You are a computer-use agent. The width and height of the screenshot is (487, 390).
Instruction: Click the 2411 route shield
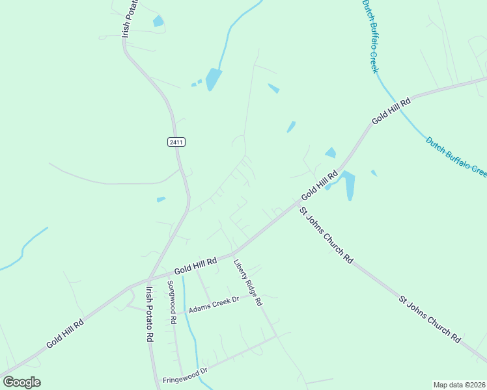click(176, 142)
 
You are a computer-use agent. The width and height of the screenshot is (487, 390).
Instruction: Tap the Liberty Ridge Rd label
click(247, 283)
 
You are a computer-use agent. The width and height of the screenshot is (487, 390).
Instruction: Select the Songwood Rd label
click(171, 302)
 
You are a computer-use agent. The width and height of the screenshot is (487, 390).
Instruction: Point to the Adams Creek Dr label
click(214, 304)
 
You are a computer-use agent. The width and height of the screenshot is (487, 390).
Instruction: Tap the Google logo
click(21, 382)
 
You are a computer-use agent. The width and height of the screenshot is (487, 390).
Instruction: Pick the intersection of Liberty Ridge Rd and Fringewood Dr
click(276, 337)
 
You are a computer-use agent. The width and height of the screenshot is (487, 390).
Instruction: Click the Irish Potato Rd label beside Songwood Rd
click(150, 315)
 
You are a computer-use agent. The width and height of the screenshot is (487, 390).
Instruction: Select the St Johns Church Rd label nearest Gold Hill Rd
click(326, 235)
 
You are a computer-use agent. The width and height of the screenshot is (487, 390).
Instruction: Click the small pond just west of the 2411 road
click(161, 199)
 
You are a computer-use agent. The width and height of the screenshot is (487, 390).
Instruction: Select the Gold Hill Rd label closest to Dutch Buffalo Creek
click(392, 111)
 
